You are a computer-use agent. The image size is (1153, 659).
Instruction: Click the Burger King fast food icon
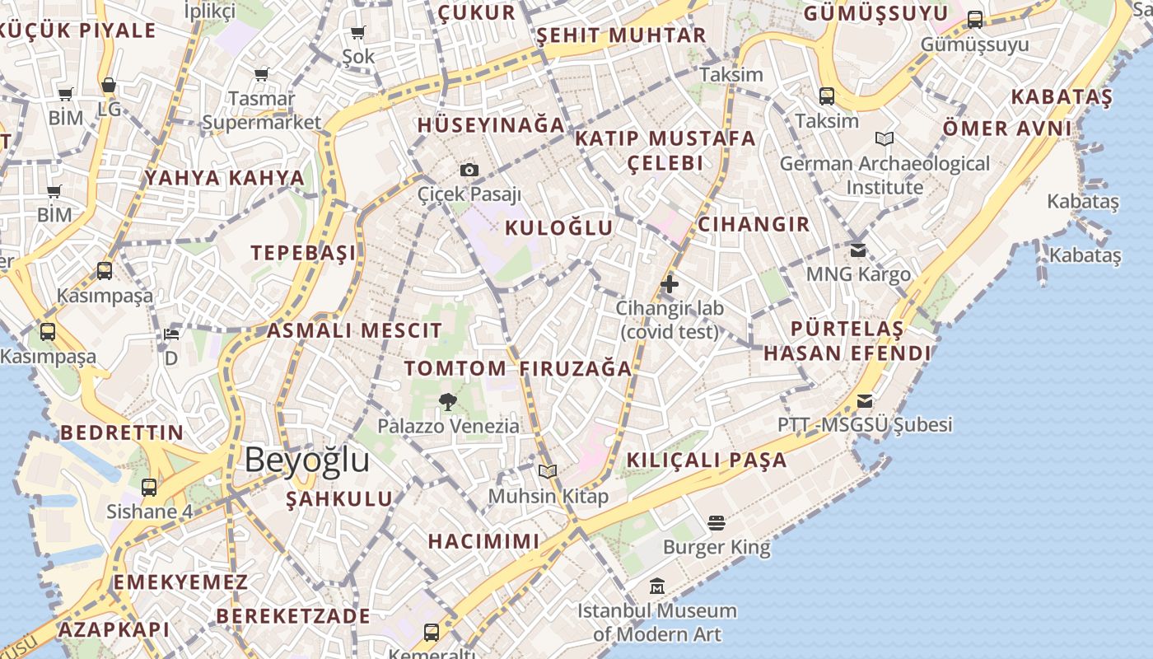tap(716, 522)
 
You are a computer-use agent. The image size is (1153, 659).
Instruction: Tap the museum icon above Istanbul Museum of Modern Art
tap(656, 587)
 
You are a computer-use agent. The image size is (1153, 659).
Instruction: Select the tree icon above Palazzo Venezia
tap(448, 402)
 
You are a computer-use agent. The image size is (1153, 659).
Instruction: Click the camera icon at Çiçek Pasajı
tap(469, 171)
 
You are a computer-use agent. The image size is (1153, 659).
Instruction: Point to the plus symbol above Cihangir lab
tap(669, 285)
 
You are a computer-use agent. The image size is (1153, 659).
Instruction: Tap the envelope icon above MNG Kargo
tap(858, 250)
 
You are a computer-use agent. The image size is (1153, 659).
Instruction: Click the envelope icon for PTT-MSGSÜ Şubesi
tap(865, 401)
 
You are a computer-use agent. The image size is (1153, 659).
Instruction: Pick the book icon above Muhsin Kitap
tap(548, 472)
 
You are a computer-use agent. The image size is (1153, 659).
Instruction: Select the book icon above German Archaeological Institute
tap(885, 139)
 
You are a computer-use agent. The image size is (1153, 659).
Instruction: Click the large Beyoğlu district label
tap(306, 460)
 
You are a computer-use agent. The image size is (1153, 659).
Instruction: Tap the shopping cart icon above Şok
tap(358, 33)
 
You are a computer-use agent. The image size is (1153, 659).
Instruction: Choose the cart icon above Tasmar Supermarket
tap(262, 75)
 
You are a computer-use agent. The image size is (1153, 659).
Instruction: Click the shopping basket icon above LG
tap(109, 85)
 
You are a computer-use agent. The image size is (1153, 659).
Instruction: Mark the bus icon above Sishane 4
tap(149, 487)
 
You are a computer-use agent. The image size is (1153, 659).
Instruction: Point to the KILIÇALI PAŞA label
tap(707, 460)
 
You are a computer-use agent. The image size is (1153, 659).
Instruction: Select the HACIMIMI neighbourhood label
tap(483, 541)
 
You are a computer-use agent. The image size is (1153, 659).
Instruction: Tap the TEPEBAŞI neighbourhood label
tap(304, 253)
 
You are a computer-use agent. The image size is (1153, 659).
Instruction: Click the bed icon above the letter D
tap(171, 334)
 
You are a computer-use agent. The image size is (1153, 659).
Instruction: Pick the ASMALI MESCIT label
tap(354, 331)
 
